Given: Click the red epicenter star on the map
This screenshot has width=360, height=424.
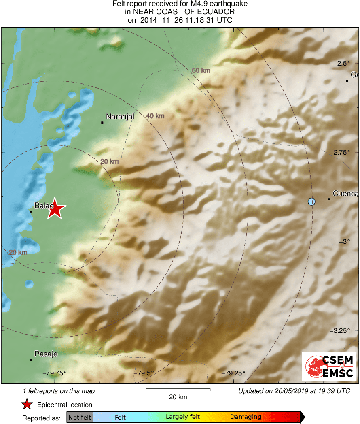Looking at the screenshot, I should click(x=55, y=209).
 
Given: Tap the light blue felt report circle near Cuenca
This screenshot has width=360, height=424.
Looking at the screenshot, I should click(x=311, y=201).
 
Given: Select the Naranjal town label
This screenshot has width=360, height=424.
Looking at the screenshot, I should click(x=120, y=116).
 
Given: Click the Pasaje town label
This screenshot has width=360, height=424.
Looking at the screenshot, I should click(x=46, y=354).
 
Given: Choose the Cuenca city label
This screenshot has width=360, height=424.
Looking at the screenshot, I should click(x=345, y=194).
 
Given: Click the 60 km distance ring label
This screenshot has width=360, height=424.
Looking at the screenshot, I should click(x=201, y=70).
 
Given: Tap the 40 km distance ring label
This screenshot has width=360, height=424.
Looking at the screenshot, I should click(x=155, y=116).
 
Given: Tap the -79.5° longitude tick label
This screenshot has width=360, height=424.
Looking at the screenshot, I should click(x=144, y=373).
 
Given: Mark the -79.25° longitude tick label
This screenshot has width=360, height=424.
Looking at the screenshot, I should click(x=233, y=373).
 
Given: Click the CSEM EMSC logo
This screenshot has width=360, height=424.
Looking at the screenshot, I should click(x=329, y=366).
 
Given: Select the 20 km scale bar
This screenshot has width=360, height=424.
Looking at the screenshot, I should click(x=178, y=390).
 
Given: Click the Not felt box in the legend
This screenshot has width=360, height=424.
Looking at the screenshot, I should click(x=80, y=417).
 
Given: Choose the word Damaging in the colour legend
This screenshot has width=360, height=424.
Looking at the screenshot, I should click(x=246, y=417).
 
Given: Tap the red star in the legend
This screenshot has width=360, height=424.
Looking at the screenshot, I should click(x=27, y=404).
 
